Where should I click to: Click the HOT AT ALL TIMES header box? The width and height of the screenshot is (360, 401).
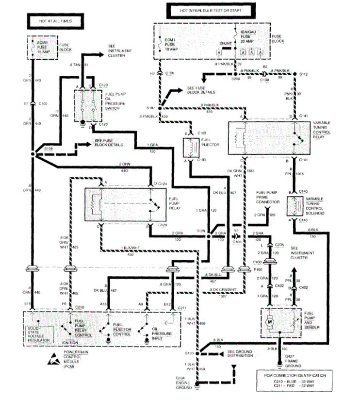click(x=54, y=22)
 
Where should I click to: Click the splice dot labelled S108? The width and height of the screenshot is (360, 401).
click(x=33, y=153)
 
